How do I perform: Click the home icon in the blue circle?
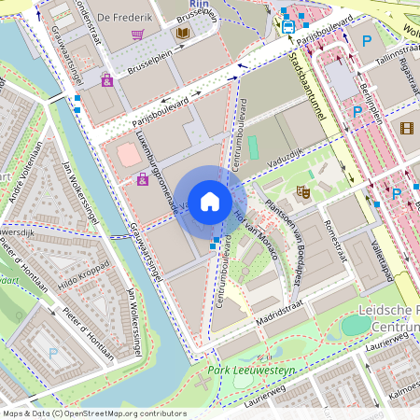click(210, 202)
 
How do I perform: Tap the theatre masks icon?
click(302, 191)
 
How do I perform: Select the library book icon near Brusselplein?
click(182, 34)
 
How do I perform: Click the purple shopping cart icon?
click(138, 35)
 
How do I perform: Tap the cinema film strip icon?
click(406, 128)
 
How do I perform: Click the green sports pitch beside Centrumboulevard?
click(252, 147)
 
